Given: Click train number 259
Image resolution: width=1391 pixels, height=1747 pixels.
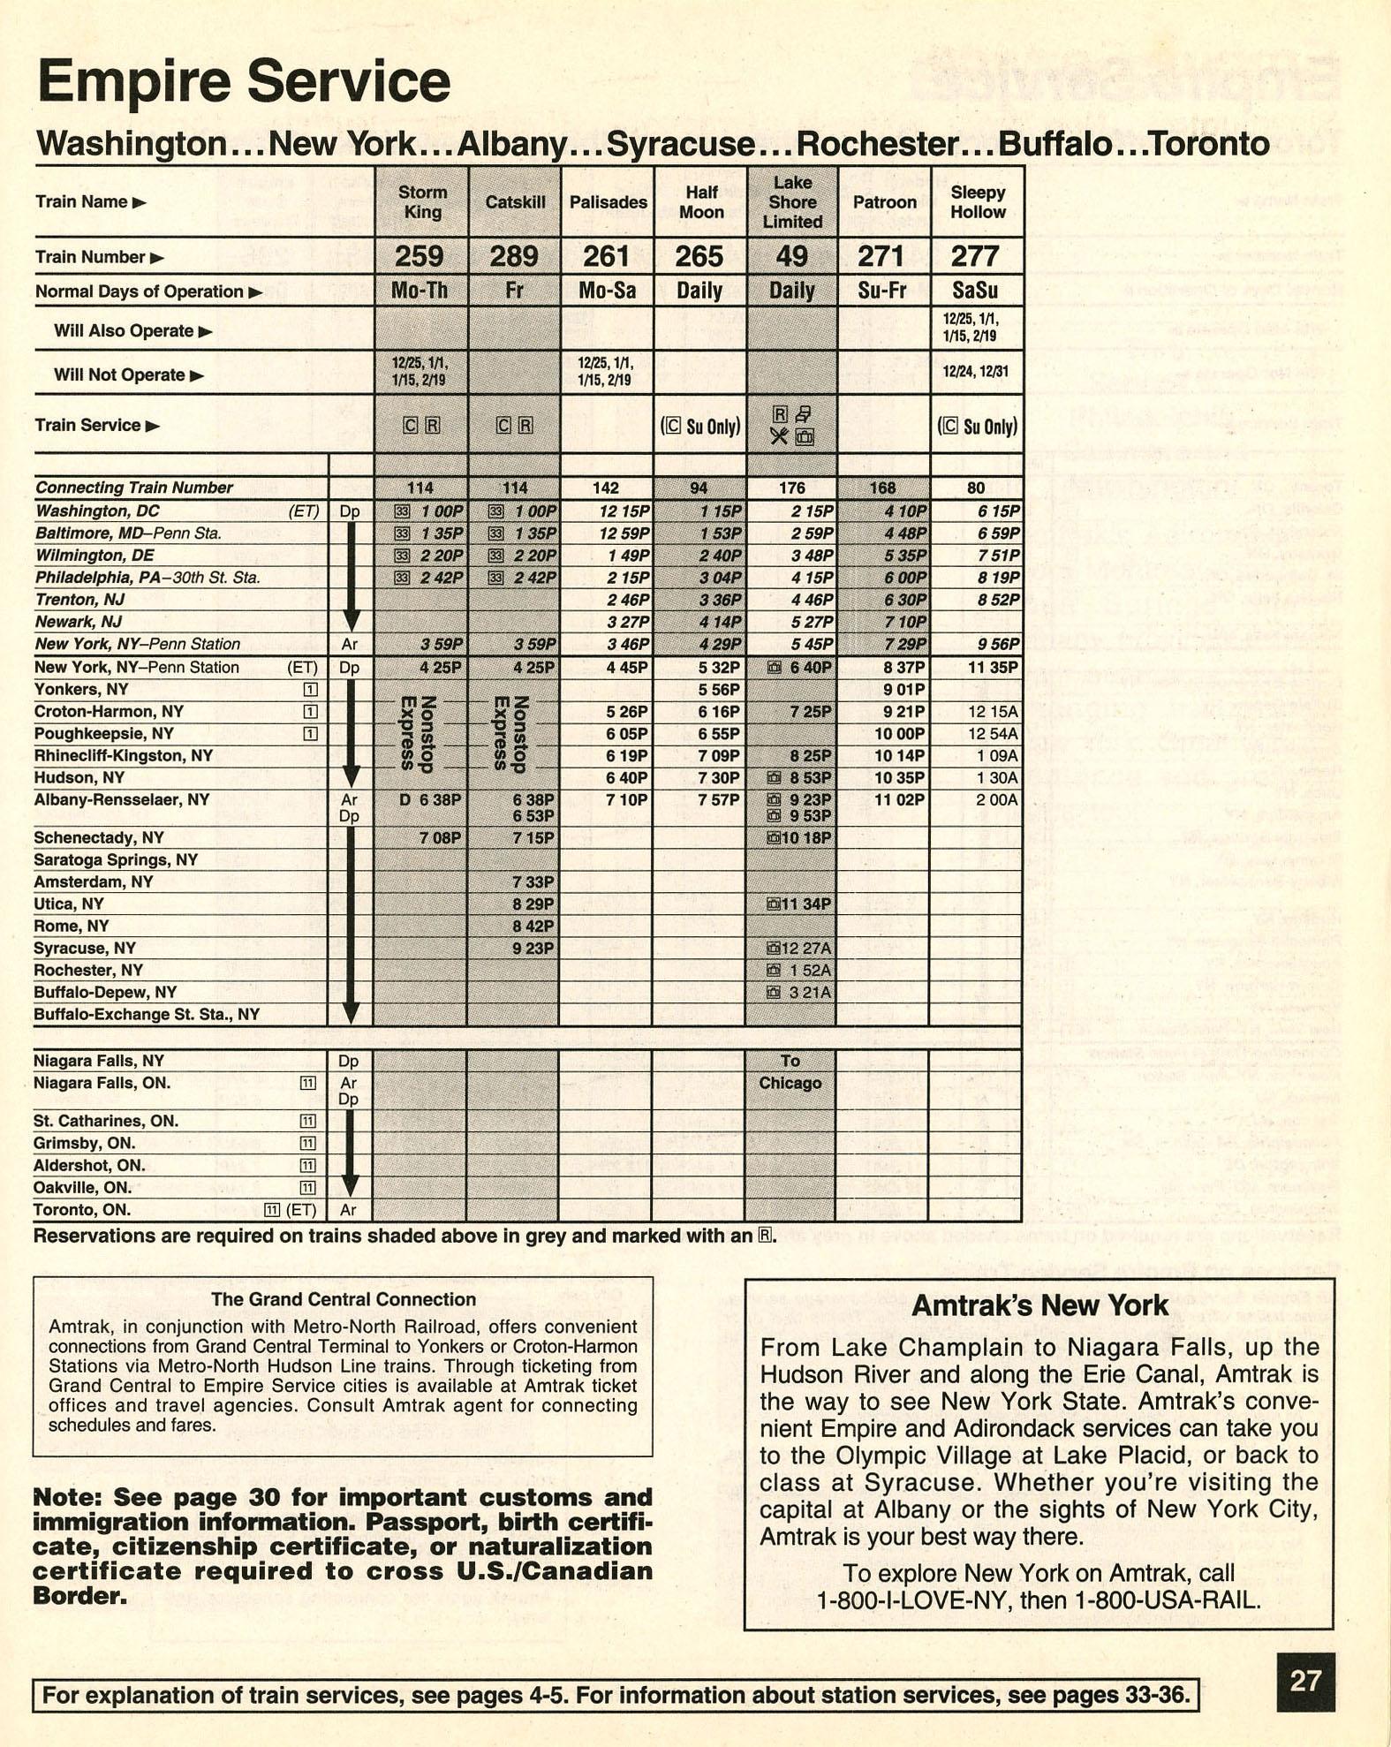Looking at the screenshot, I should point(419,256).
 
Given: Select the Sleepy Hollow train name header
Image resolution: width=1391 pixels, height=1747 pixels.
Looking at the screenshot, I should point(977,202).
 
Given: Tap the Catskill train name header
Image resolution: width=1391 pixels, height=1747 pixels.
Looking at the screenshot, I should point(515,202).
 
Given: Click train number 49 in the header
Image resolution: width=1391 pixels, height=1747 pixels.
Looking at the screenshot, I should point(791,256).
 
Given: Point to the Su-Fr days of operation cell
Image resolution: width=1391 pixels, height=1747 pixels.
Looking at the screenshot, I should point(883,291).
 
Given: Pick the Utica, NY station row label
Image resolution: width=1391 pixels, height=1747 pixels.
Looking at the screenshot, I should point(69,904).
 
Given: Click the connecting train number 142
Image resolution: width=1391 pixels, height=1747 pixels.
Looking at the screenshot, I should point(606,488).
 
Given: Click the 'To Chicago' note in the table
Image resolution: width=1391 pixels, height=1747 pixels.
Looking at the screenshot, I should point(790,1071).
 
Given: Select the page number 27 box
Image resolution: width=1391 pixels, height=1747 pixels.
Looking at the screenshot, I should point(1305,1681).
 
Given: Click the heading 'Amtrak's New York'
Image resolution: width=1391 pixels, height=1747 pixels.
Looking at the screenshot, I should point(1039,1305).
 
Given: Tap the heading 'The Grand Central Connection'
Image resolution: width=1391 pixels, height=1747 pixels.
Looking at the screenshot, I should point(343,1299).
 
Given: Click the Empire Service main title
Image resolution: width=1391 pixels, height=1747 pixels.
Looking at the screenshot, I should point(244,81).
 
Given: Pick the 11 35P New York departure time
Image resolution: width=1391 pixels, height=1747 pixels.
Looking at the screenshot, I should point(992,667).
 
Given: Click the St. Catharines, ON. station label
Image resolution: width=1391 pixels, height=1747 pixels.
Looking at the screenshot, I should point(106,1121).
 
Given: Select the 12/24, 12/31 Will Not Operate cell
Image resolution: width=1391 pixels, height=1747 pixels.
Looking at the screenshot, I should point(976,372).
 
